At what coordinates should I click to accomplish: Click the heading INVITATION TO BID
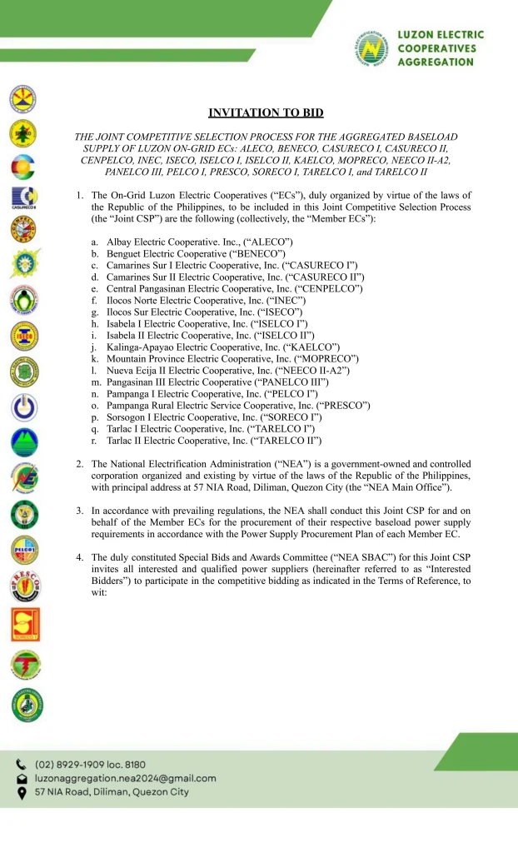coord(266,112)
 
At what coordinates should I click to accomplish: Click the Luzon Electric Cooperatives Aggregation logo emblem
coord(371,50)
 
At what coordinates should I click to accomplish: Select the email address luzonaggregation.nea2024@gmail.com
coord(125,778)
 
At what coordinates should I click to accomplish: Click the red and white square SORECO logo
coord(25,624)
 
